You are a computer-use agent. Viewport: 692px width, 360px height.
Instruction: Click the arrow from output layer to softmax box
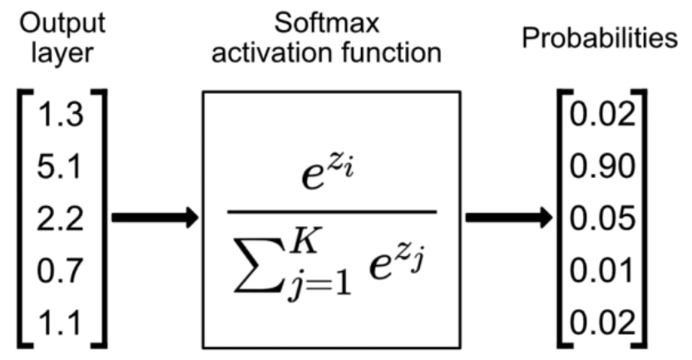point(155,219)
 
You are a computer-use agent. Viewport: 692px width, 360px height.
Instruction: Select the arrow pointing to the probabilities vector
point(508,219)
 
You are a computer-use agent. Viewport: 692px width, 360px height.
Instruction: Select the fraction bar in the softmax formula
point(332,211)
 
